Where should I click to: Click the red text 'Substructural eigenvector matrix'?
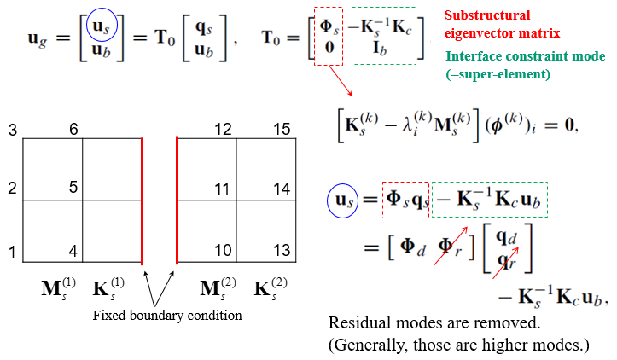click(498, 25)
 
